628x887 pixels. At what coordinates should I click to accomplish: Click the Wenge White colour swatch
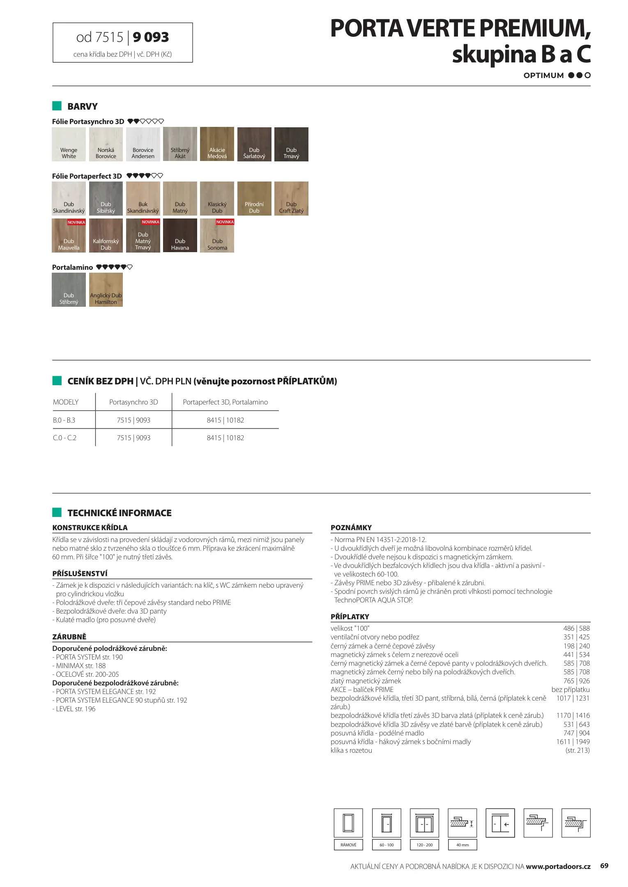click(69, 144)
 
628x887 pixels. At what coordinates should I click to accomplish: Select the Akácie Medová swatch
click(217, 144)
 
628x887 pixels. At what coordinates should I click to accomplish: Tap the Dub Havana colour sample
click(180, 235)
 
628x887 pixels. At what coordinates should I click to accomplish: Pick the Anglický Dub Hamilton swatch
click(106, 290)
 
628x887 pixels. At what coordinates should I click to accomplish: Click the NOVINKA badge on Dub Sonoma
click(225, 222)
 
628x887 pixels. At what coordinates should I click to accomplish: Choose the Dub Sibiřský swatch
click(106, 198)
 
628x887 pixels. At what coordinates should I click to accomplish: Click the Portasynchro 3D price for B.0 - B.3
click(133, 420)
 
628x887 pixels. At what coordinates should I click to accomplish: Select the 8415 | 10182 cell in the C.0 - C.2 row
click(225, 438)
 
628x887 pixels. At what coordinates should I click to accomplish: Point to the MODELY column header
click(66, 402)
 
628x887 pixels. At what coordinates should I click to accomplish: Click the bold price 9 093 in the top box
click(151, 37)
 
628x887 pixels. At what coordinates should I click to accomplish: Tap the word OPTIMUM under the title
click(543, 76)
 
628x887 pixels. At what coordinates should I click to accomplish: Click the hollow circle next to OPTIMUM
click(588, 75)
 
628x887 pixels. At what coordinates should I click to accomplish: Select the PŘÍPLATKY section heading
click(350, 616)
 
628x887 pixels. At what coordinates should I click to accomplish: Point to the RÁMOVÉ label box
click(348, 845)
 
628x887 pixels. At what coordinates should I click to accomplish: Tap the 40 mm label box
click(462, 845)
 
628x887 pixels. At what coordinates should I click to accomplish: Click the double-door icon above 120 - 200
click(424, 823)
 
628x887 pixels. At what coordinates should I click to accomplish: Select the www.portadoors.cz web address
click(558, 866)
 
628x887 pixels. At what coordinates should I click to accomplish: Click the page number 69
click(604, 866)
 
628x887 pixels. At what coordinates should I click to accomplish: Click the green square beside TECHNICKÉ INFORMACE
click(57, 512)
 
